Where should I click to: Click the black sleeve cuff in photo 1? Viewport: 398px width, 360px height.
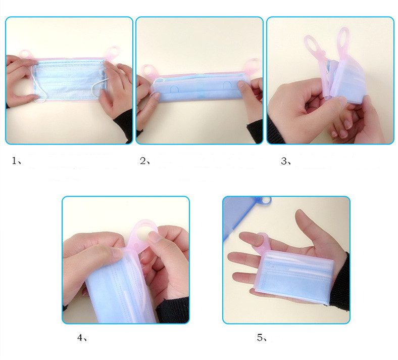click(124, 124)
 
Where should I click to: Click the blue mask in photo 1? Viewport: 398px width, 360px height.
click(69, 80)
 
